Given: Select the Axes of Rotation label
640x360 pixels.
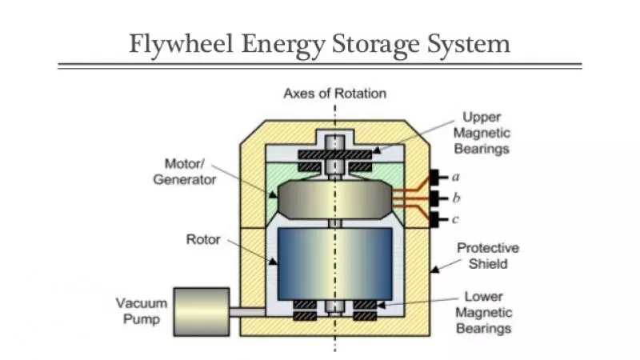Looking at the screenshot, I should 334,94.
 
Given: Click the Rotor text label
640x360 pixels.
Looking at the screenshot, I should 203,238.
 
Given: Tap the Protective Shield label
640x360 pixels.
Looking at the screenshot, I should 487,255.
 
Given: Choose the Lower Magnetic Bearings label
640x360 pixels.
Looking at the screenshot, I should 483,312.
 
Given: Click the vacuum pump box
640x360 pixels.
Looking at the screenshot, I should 201,310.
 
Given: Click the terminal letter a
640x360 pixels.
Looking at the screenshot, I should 454,176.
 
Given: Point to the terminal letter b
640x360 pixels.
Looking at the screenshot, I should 454,198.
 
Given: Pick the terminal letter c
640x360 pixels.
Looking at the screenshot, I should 454,219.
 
